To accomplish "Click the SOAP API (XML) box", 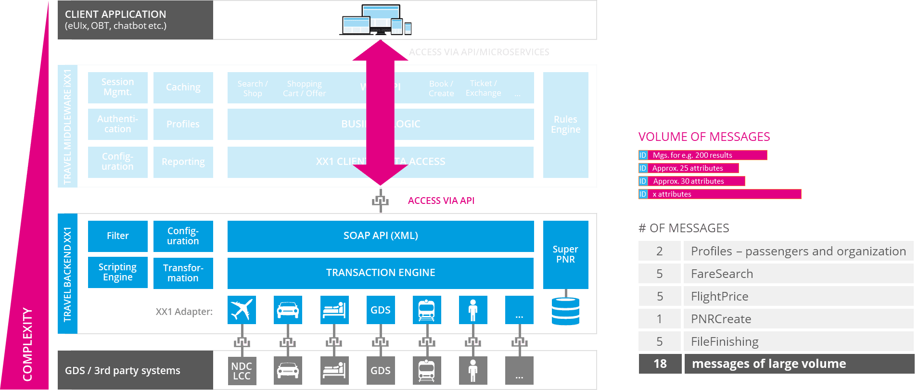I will coord(380,236).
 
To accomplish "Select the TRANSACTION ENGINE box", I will coord(380,273).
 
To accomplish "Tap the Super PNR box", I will coord(565,254).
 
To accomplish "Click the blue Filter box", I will coord(117,236).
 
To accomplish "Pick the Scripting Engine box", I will coord(117,272).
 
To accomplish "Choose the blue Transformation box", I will coord(183,273).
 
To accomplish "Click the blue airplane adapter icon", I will coord(242,310).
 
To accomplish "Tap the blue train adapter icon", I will coord(427,310).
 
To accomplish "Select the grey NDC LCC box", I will coord(242,370).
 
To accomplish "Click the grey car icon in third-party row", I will coord(288,370).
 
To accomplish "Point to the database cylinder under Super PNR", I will coord(565,311).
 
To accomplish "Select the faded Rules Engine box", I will coord(565,125).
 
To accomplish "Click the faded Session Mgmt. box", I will coord(117,87).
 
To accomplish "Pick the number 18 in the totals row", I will coord(660,364).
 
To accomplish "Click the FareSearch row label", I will coord(722,274).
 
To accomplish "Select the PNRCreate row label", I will coord(721,319).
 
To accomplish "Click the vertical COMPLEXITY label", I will coord(27,344).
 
